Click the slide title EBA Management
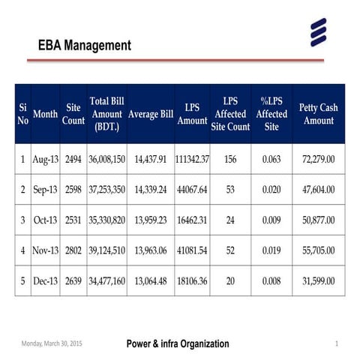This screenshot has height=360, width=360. click(84, 46)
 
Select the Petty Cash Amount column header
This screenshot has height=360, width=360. click(318, 114)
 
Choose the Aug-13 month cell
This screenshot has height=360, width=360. click(46, 160)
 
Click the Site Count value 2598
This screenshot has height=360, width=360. click(73, 190)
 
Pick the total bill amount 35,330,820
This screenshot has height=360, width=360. click(106, 220)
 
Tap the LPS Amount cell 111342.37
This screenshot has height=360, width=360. click(192, 160)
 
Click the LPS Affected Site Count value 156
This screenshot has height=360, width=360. click(230, 160)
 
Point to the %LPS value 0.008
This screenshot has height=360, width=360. click(271, 280)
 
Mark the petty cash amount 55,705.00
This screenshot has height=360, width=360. click(318, 250)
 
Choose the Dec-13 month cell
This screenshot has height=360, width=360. click(46, 280)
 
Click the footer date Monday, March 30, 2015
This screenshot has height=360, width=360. click(51, 343)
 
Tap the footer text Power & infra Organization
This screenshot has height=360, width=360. click(178, 343)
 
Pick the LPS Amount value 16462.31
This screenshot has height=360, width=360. click(192, 220)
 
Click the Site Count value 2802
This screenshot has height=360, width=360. click(73, 250)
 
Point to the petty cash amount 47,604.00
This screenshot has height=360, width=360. click(318, 190)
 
